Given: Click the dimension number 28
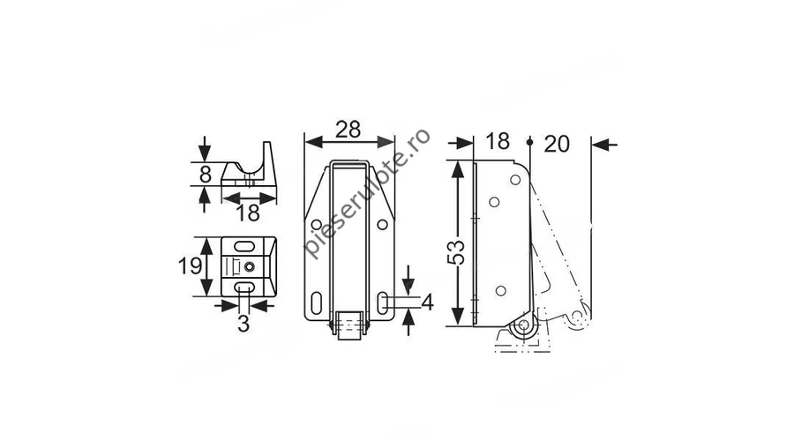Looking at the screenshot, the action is (348, 130).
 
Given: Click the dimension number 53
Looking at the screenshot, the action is (456, 252).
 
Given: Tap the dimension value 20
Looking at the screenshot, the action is (557, 145).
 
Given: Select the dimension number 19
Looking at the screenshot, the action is (191, 265).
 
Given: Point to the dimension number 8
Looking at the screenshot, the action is (205, 175).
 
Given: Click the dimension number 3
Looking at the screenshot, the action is (243, 324).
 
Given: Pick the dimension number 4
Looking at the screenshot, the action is (427, 303).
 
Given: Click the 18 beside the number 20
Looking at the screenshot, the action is (498, 142).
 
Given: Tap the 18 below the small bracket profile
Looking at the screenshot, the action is (248, 213).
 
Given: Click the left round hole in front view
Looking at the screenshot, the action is (317, 224).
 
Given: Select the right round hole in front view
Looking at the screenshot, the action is (382, 224).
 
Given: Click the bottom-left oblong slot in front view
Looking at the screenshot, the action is (316, 303).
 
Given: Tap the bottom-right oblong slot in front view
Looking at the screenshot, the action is (382, 302).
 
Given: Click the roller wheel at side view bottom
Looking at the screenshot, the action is (524, 325).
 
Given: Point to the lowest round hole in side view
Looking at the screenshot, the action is (500, 291).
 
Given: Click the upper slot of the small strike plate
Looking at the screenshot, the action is (244, 246).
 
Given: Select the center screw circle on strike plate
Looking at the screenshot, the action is (249, 266).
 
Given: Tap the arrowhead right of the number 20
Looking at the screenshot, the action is (601, 145).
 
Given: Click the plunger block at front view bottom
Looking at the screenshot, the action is (348, 325).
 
